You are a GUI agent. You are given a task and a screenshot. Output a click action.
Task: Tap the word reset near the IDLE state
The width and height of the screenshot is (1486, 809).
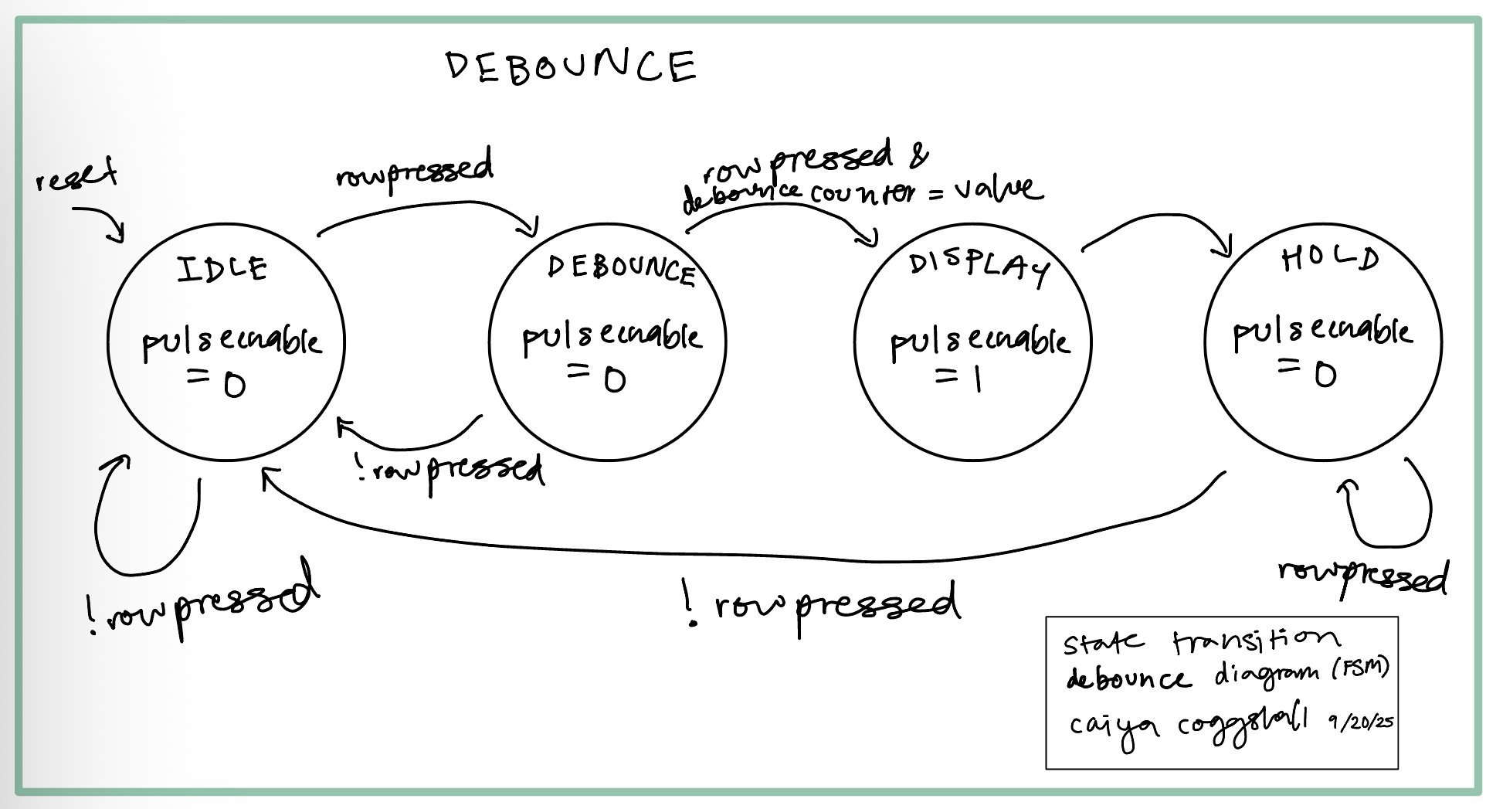[76, 176]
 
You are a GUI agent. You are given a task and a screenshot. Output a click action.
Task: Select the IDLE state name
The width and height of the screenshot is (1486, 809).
[222, 269]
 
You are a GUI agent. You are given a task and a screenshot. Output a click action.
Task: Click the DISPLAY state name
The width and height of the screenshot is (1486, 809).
[979, 266]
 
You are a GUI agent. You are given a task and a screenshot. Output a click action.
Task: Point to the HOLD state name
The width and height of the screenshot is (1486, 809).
[1330, 259]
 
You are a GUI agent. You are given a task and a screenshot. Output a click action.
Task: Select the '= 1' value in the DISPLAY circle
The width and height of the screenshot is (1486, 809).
[958, 378]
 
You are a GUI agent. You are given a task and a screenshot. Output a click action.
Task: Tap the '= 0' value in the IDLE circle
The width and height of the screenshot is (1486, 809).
[215, 382]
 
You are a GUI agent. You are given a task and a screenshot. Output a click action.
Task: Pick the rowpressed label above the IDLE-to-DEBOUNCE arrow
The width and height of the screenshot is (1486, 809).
[415, 170]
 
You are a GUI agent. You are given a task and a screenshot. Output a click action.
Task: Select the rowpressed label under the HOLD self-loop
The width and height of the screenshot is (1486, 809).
[1363, 576]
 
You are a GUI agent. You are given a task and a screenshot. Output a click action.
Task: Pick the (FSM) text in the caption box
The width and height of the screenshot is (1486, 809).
[1360, 668]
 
